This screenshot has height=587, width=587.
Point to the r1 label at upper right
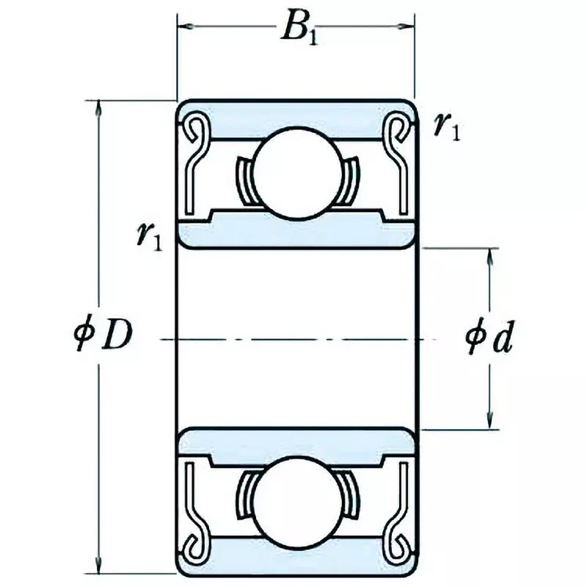click(x=446, y=127)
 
